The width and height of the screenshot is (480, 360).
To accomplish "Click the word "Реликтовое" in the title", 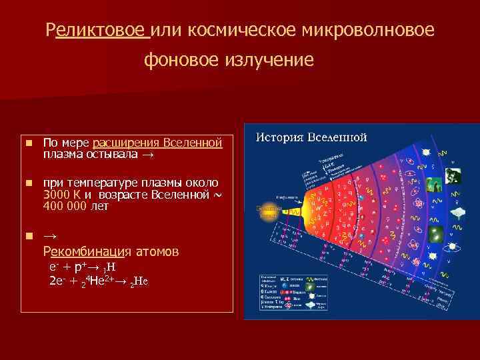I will pos(98,30).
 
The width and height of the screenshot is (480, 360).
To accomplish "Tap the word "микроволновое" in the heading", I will pos(363,30).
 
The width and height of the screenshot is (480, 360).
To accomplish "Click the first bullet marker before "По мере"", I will pos(29,143).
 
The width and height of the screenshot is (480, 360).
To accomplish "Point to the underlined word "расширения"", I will pos(123,143).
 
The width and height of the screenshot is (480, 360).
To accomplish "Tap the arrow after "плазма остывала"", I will pos(147,155).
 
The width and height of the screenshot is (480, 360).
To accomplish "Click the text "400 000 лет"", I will pos(75,206).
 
